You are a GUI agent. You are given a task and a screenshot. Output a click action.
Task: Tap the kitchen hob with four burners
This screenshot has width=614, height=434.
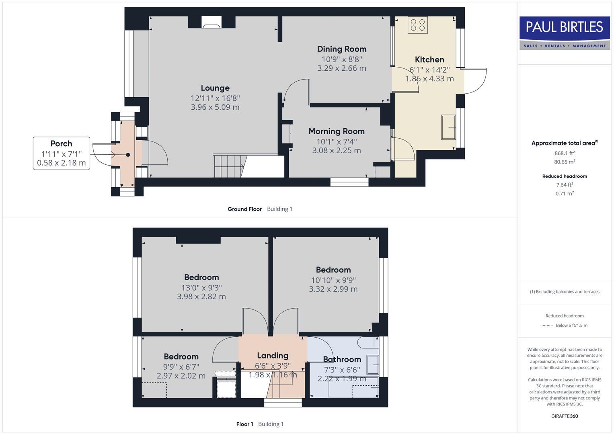(417, 25)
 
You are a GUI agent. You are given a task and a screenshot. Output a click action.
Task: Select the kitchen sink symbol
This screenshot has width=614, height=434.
(448, 127)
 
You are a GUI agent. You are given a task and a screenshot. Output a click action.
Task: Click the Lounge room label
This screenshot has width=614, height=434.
(215, 88)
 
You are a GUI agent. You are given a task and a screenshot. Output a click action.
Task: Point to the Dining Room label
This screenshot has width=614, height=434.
(341, 49)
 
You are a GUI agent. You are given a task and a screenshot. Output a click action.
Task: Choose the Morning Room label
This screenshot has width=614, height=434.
(336, 131)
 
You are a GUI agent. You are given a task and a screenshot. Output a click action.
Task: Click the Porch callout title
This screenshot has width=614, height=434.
(61, 143)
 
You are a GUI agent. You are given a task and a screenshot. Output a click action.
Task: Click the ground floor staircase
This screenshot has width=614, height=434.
(229, 166)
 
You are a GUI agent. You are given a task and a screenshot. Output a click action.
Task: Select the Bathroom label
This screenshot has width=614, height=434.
(342, 359)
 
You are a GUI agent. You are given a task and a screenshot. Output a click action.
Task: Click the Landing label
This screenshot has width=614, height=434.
(273, 356)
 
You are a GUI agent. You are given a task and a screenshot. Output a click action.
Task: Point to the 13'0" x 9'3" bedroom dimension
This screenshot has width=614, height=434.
(201, 288)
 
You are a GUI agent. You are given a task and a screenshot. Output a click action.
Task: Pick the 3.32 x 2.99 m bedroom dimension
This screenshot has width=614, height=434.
(333, 289)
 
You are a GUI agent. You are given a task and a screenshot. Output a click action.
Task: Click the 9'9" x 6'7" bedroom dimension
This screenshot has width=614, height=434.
(181, 366)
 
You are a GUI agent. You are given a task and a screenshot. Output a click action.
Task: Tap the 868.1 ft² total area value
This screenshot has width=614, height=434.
(564, 153)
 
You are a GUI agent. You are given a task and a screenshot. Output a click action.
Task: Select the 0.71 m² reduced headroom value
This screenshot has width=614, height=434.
(564, 193)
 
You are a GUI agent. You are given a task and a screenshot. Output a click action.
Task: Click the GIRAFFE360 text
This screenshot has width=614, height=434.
(564, 416)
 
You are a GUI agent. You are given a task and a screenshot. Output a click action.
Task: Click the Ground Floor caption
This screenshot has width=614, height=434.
(244, 209)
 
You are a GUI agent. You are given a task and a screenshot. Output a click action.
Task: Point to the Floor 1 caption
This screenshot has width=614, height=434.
(244, 424)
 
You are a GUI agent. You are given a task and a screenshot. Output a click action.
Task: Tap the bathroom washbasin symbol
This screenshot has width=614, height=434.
(374, 365)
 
